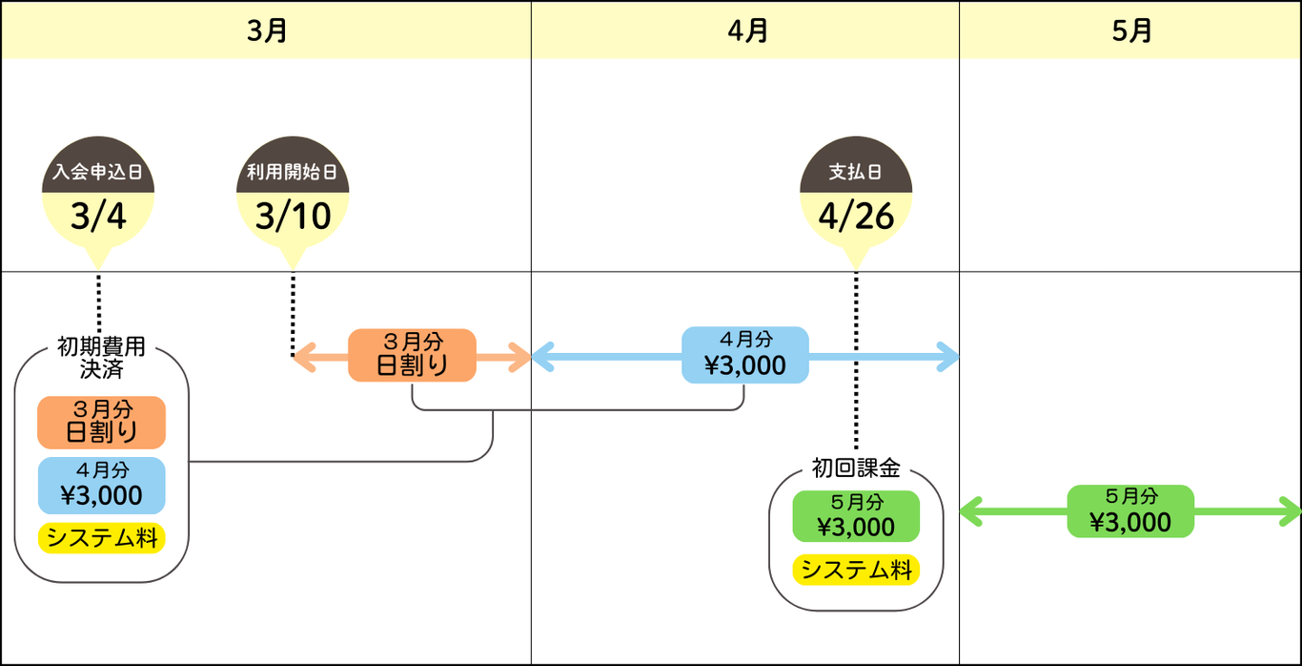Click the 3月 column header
point(267,31)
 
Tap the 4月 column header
point(747,31)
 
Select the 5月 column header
point(1131,31)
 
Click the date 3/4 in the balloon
point(98,217)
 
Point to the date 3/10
point(293,217)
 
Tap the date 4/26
point(856,217)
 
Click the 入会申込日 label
point(97,172)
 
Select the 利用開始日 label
point(293,172)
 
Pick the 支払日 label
point(855,172)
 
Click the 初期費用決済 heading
point(101,358)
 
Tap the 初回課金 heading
point(856,468)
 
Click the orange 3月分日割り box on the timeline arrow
point(412,355)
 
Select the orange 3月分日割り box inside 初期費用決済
point(101,423)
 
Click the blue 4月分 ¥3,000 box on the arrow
point(745,355)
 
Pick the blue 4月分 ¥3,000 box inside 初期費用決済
point(101,486)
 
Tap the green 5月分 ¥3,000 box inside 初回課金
point(856,516)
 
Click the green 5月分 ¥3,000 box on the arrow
point(1130,511)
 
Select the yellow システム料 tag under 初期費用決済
point(101,538)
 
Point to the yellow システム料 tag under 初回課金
point(856,570)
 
